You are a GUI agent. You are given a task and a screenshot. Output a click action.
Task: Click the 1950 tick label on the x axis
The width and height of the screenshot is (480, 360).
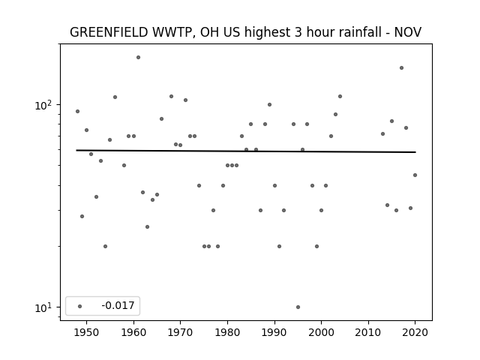87,332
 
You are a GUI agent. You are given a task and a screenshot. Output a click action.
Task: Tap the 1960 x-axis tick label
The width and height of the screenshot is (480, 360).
133,332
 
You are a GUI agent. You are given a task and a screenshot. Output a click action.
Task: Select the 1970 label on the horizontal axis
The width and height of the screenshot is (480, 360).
181,332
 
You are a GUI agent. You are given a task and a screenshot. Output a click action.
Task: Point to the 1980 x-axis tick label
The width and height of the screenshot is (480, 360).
227,332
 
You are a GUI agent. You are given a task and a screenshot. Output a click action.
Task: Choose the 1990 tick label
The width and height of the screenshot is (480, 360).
274,332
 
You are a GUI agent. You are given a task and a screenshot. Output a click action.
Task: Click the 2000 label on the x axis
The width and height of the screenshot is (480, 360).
322,332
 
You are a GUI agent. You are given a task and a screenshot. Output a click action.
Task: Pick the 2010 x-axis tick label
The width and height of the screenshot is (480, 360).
368,332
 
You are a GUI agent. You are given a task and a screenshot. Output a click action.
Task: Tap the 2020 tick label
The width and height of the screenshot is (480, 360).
415,332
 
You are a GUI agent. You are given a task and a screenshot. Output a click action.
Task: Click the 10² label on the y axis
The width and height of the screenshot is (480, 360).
43,105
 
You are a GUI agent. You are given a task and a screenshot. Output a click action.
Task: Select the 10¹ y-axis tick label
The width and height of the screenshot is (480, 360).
43,307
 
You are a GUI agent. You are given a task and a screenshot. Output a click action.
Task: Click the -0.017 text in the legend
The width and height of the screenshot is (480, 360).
118,305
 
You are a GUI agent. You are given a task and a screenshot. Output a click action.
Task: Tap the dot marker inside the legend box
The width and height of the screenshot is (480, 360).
80,306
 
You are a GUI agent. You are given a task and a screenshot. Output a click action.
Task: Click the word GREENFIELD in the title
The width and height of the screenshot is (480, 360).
109,32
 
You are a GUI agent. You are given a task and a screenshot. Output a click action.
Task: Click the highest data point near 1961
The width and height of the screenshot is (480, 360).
138,57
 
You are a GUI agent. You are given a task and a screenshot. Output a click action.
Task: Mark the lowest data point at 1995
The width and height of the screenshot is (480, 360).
298,307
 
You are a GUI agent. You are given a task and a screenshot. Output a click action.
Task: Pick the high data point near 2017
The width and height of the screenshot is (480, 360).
402,68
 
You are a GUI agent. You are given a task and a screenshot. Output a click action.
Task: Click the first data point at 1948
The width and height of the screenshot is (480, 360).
77,112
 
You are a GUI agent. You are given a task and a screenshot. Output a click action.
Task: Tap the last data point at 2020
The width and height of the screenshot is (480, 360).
415,175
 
